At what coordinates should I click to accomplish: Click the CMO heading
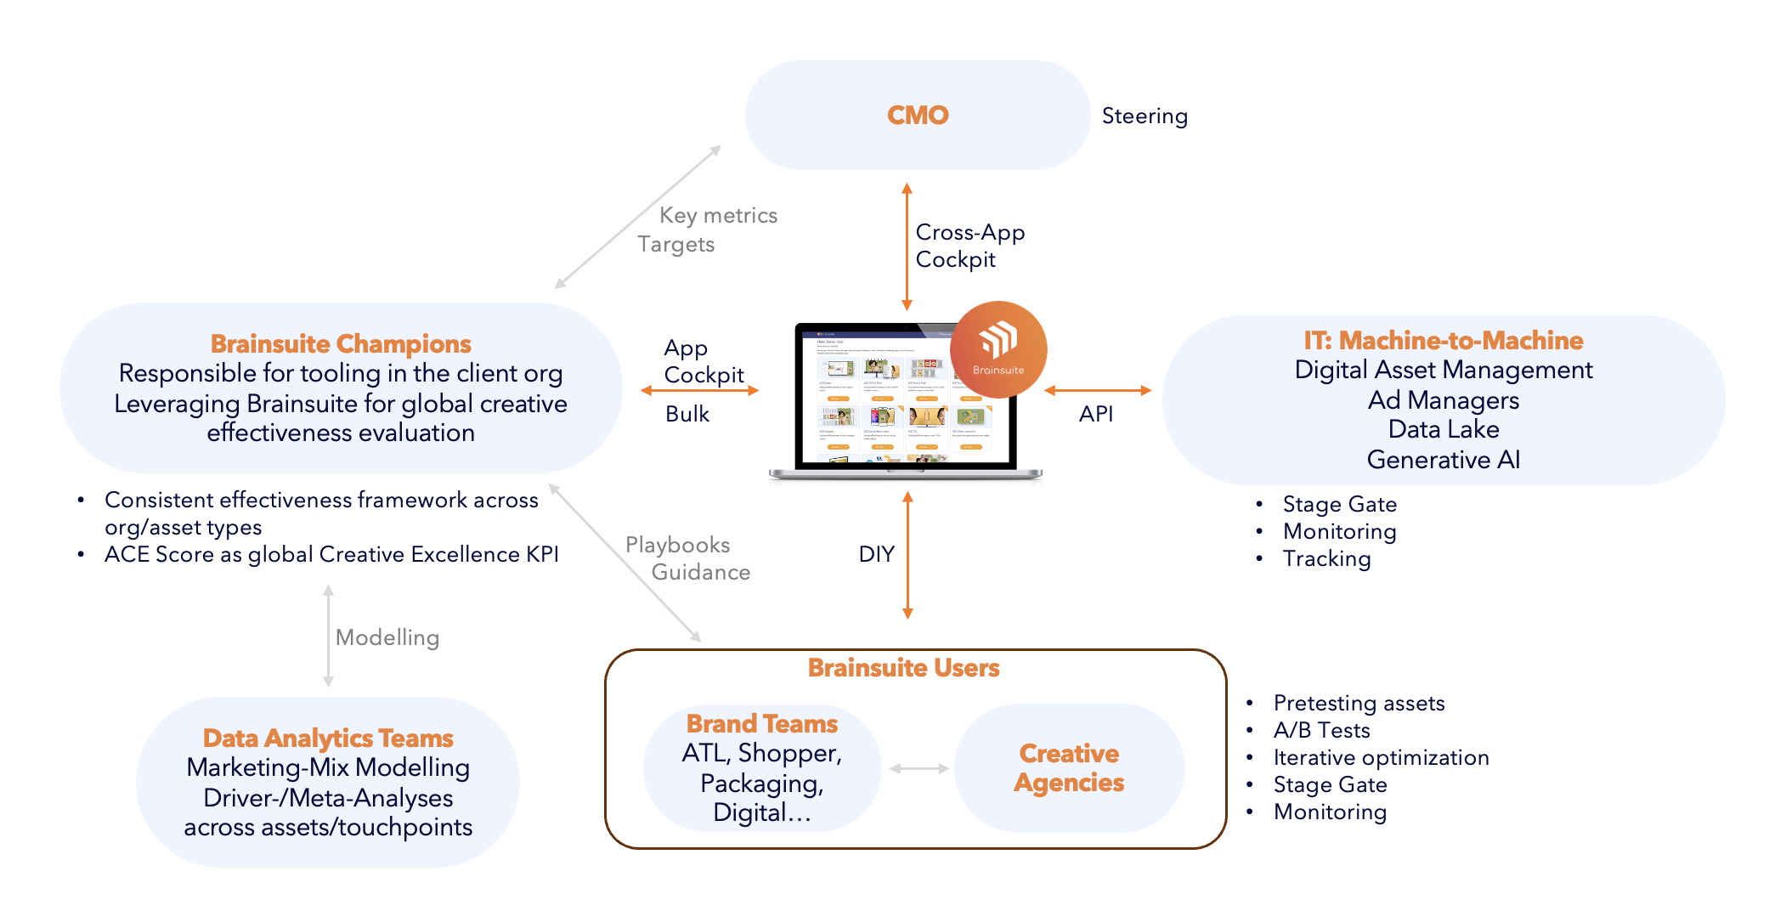pyautogui.click(x=918, y=115)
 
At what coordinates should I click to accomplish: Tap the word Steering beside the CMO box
pyautogui.click(x=1145, y=116)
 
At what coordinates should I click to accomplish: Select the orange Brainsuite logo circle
pyautogui.click(x=998, y=349)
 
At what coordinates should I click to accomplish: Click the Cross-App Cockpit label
pyautogui.click(x=969, y=246)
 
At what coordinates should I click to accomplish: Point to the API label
pyautogui.click(x=1095, y=414)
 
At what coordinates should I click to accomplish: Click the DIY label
pyautogui.click(x=876, y=554)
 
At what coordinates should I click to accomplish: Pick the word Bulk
pyautogui.click(x=687, y=414)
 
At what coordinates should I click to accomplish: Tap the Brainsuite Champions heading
pyautogui.click(x=341, y=343)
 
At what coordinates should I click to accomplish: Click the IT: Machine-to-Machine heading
pyautogui.click(x=1443, y=340)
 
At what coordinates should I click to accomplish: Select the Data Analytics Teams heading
pyautogui.click(x=328, y=738)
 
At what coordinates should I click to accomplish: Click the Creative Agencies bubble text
pyautogui.click(x=1069, y=767)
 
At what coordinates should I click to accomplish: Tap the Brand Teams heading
pyautogui.click(x=762, y=723)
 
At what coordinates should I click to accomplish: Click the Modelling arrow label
pyautogui.click(x=387, y=637)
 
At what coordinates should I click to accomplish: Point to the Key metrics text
pyautogui.click(x=718, y=215)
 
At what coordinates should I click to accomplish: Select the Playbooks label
pyautogui.click(x=677, y=545)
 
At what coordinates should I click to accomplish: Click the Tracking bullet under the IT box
pyautogui.click(x=1326, y=558)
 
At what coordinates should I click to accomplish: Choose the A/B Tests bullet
pyautogui.click(x=1321, y=730)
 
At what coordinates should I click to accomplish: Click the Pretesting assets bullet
pyautogui.click(x=1359, y=703)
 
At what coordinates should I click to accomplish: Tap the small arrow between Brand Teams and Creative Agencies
pyautogui.click(x=918, y=768)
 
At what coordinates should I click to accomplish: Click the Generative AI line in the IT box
pyautogui.click(x=1443, y=459)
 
